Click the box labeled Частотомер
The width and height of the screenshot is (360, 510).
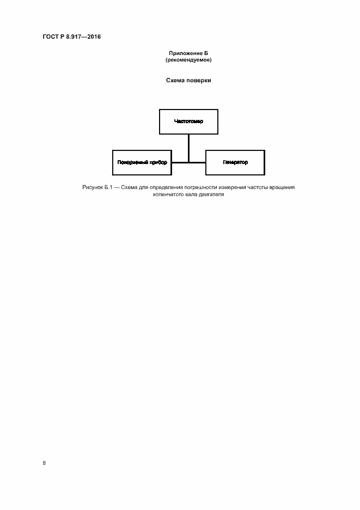(188, 121)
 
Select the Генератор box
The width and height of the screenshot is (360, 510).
(235, 162)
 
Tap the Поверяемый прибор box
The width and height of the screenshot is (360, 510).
(142, 162)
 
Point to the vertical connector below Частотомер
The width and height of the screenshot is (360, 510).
(188, 148)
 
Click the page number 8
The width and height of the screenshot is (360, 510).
(45, 463)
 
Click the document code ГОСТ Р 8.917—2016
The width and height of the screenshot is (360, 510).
(71, 37)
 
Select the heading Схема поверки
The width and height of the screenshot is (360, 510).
(188, 81)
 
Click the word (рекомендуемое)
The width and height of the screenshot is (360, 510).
(188, 60)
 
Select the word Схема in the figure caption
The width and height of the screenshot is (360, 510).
(130, 187)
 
